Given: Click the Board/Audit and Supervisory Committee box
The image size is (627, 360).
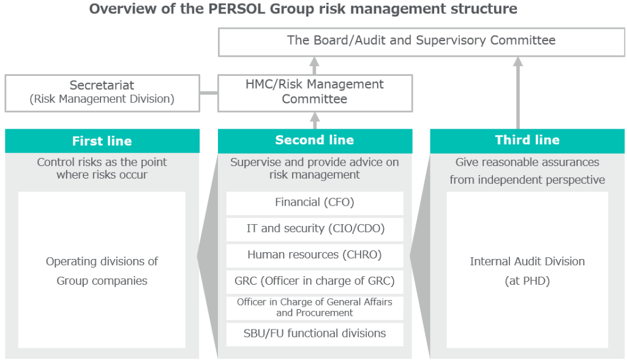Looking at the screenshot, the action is [421, 42].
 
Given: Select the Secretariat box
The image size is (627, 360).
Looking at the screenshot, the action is [102, 93].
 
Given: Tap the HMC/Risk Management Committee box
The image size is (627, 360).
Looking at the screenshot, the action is [315, 93].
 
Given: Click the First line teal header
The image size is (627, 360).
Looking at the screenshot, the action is [102, 141].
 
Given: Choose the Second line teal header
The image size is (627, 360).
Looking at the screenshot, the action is [315, 141].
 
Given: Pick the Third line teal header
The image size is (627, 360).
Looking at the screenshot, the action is [527, 141].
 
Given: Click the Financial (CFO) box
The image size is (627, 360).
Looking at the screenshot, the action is [315, 203].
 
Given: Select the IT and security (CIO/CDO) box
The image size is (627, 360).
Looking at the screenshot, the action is [315, 229].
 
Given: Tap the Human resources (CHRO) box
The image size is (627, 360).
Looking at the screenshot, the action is [315, 255].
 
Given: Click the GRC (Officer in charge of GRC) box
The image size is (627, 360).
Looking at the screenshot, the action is [315, 282].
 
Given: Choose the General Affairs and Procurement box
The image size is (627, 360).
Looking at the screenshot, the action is [315, 307].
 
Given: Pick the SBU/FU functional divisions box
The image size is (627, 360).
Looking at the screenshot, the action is [315, 334].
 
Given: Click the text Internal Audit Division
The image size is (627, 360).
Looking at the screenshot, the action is [527, 261].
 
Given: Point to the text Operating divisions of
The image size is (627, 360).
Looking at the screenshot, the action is [102, 261].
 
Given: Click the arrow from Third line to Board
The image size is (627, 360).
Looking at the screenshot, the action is [518, 93].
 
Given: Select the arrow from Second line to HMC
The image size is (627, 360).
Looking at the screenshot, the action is [315, 121].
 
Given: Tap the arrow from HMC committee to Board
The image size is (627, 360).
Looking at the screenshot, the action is [315, 66].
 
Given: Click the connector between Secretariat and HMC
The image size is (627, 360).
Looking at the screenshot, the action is [209, 93].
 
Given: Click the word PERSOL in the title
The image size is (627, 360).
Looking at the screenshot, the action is [233, 9].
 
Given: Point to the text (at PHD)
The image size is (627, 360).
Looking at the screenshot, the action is [527, 281].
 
